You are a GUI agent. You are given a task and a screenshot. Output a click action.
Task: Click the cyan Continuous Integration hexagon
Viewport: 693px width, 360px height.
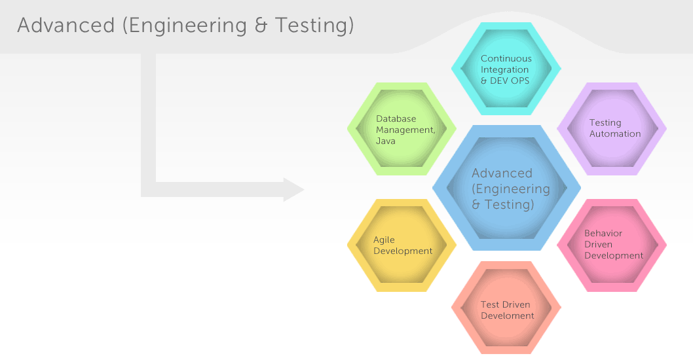(506, 69)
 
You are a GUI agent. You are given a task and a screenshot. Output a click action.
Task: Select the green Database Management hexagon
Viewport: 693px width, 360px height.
(402, 129)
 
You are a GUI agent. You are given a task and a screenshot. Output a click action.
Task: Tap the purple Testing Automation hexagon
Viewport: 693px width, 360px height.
(612, 129)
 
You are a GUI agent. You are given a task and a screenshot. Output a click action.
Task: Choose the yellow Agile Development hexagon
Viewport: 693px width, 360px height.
(402, 245)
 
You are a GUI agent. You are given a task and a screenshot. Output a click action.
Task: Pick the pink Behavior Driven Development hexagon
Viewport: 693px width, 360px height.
(612, 245)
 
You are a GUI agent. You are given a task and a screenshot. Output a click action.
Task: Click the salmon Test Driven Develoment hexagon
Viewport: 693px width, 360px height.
(506, 308)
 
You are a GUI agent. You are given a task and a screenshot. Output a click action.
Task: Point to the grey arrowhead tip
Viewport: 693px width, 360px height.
(304, 190)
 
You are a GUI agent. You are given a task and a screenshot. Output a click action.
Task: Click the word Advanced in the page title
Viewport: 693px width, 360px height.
(66, 25)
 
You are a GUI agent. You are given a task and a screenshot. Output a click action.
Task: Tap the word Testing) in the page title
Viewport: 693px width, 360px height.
(314, 26)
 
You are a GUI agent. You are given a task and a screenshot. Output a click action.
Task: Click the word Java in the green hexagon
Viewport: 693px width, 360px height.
(385, 141)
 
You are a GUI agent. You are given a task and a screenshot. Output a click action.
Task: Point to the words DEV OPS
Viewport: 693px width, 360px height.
(510, 81)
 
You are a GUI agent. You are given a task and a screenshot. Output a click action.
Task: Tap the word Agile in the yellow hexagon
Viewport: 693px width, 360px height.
(384, 240)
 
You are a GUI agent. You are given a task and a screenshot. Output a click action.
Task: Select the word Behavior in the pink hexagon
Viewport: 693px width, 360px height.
(603, 233)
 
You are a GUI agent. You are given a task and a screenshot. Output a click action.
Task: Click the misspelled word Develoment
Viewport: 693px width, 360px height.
(508, 315)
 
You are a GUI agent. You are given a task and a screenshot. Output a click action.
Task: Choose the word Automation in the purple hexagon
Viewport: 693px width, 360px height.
(615, 134)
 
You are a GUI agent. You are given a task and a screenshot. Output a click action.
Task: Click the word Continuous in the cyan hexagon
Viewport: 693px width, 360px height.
(506, 58)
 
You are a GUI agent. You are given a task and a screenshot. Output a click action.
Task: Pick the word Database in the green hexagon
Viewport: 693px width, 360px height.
(396, 118)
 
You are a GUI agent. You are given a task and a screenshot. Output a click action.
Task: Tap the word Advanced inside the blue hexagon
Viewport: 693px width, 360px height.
(502, 173)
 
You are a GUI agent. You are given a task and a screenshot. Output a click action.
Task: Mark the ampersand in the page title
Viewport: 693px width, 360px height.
(261, 26)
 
